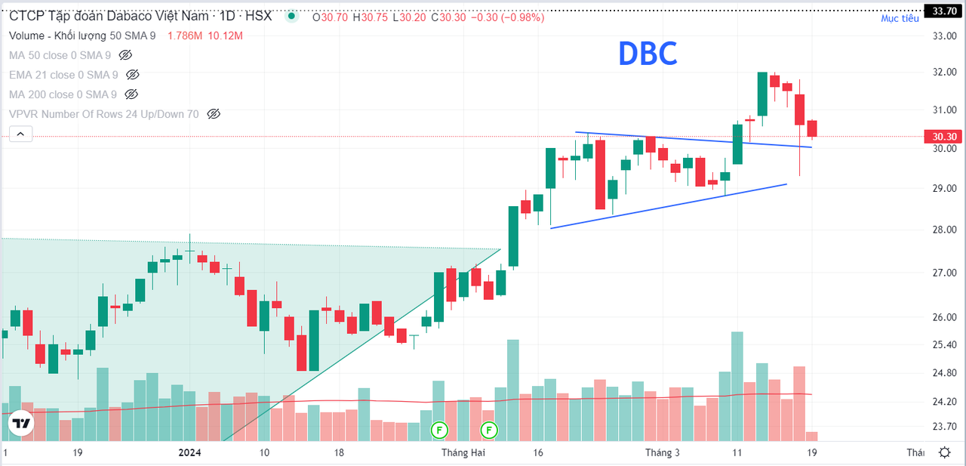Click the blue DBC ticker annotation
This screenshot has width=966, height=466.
pyautogui.click(x=648, y=54)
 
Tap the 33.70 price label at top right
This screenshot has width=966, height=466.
pyautogui.click(x=944, y=11)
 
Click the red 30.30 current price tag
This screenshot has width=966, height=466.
pyautogui.click(x=944, y=137)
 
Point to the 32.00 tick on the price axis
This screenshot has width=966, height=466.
pyautogui.click(x=944, y=72)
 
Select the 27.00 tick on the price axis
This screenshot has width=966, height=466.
pyautogui.click(x=944, y=273)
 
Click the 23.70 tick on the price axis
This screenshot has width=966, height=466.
pyautogui.click(x=944, y=426)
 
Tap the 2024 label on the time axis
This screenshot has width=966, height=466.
pyautogui.click(x=189, y=452)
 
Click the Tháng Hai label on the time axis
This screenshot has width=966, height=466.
pyautogui.click(x=463, y=452)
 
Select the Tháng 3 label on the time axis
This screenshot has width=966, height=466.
pyautogui.click(x=663, y=452)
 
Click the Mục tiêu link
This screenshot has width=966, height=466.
pyautogui.click(x=900, y=18)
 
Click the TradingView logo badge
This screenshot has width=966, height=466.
pyautogui.click(x=20, y=423)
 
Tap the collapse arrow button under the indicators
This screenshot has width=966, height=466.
pyautogui.click(x=20, y=134)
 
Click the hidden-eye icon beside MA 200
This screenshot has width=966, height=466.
pyautogui.click(x=131, y=94)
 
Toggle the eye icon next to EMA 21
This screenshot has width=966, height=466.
pyautogui.click(x=132, y=75)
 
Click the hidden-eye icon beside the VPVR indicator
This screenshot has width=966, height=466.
pyautogui.click(x=214, y=114)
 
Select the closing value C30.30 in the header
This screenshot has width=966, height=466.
pyautogui.click(x=448, y=17)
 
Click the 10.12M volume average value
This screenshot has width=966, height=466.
pyautogui.click(x=225, y=35)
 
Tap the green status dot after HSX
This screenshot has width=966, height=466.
pyautogui.click(x=291, y=16)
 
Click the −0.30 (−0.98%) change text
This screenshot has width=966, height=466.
pyautogui.click(x=508, y=17)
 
